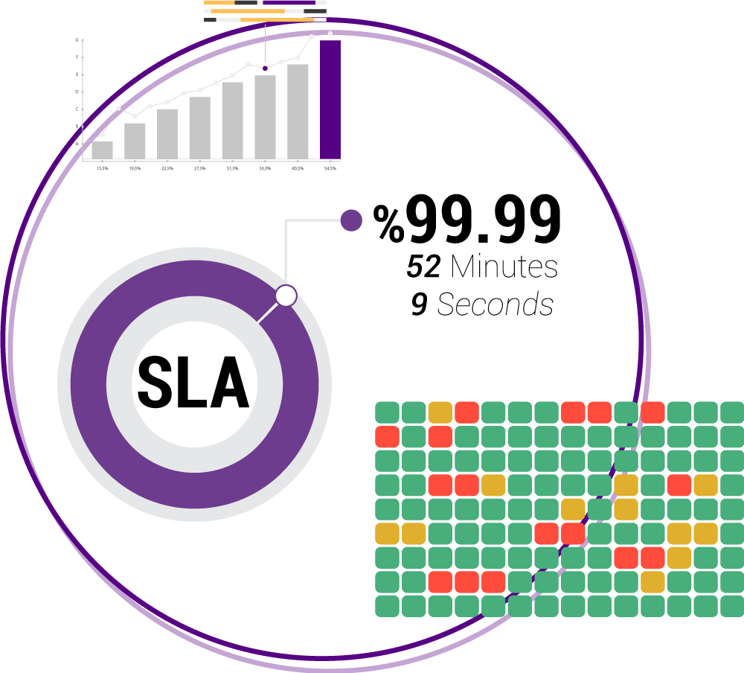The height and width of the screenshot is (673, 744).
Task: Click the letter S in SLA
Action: click(x=155, y=383)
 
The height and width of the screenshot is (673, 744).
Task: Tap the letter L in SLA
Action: click(x=193, y=383)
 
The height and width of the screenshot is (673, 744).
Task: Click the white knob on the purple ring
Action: click(x=286, y=296)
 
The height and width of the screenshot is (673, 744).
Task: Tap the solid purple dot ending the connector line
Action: click(x=351, y=220)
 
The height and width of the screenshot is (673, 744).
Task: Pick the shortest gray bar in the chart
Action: click(x=103, y=150)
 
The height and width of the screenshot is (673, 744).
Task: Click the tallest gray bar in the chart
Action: click(x=298, y=111)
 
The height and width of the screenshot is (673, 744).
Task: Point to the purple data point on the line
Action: click(x=265, y=68)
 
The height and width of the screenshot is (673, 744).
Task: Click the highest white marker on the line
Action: click(x=330, y=34)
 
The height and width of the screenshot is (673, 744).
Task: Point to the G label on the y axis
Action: click(x=77, y=40)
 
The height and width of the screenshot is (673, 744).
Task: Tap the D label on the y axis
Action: click(x=77, y=92)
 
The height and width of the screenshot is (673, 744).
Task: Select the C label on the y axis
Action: click(x=77, y=109)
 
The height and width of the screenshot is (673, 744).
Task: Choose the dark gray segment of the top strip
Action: click(x=246, y=3)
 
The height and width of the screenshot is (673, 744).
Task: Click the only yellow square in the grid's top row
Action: click(x=440, y=412)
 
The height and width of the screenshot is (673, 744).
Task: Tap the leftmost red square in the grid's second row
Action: click(x=387, y=436)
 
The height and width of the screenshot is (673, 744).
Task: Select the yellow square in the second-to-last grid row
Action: click(x=652, y=582)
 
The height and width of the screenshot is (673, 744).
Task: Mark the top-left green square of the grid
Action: click(x=387, y=412)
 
